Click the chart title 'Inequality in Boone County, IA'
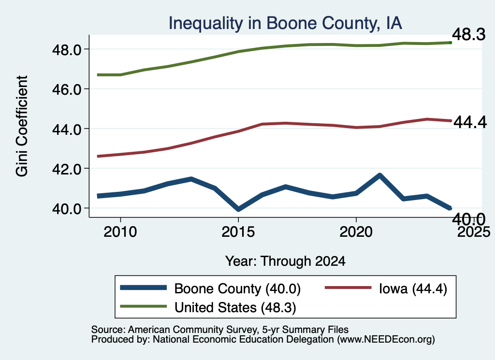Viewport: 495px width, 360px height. pos(285,24)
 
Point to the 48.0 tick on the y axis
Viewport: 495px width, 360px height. pos(66,50)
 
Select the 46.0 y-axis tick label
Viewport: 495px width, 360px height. pos(66,89)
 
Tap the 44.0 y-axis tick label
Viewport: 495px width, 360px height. pos(66,129)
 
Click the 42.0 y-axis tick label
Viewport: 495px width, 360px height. pos(66,169)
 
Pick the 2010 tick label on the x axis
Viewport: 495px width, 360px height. pos(120,232)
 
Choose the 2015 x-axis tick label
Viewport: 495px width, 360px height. pos(238,232)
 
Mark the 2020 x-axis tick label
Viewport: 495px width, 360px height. pos(356,232)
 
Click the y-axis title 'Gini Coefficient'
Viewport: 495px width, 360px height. pos(22,126)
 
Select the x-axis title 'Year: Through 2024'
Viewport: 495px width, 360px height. pos(285,261)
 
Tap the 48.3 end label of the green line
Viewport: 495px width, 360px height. pos(469,34)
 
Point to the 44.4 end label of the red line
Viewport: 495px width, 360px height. pos(470,122)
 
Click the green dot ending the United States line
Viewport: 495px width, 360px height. pos(451,43)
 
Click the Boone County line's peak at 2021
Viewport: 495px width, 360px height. pos(380,175)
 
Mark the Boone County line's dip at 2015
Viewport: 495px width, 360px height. pos(238,209)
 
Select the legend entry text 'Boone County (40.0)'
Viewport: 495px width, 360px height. pos(237,288)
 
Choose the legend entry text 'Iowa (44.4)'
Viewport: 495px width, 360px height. pos(413,288)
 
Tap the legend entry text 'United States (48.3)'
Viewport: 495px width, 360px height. pos(235,308)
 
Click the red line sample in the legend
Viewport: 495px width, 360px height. pos(348,288)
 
